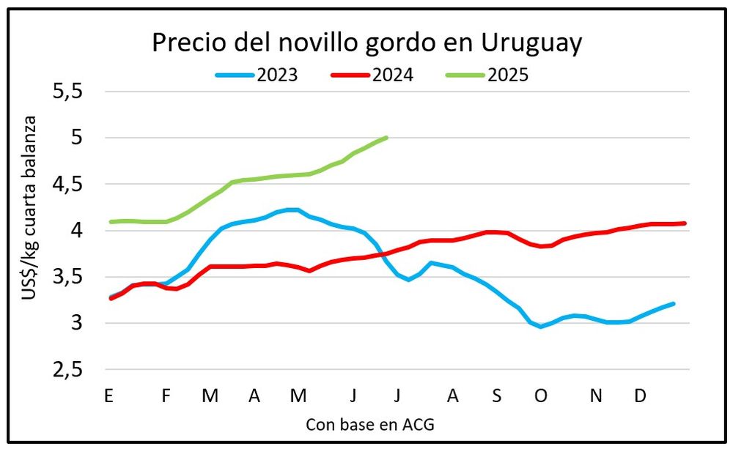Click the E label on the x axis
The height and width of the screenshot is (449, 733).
108,396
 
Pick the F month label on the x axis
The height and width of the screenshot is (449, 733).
166,396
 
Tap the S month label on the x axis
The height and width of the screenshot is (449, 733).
497,396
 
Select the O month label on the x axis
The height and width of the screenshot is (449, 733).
541,396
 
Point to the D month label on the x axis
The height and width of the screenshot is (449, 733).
640,396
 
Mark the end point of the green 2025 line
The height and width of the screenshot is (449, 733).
386,137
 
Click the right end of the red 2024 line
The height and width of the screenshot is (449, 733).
685,223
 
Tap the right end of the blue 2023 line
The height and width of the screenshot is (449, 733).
673,303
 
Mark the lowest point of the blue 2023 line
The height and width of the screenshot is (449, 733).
541,327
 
